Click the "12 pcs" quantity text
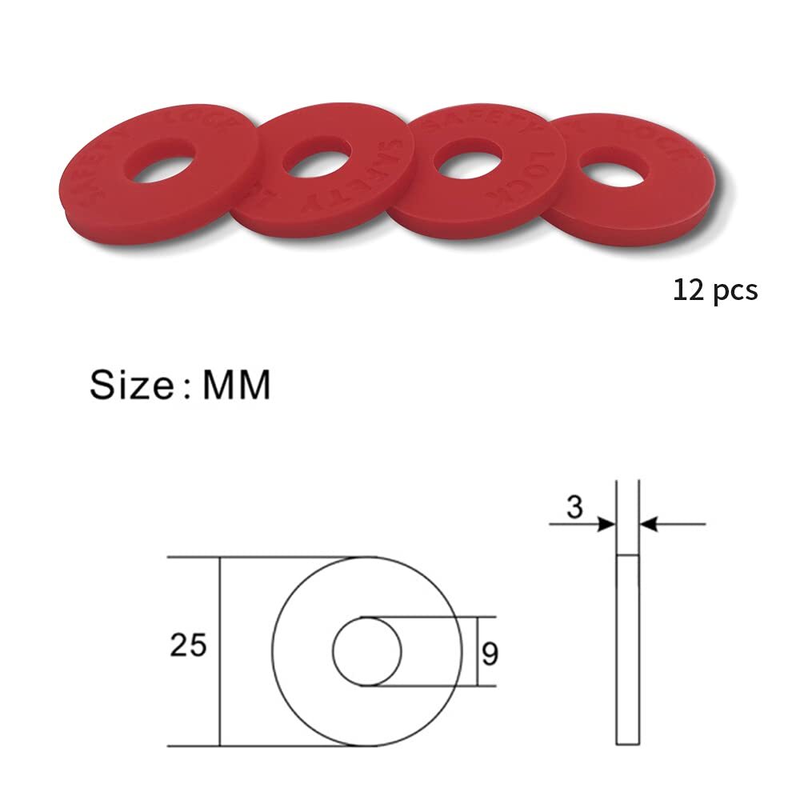click(x=714, y=290)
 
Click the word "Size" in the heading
click(x=130, y=384)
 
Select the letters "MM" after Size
click(x=237, y=384)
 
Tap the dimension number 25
click(x=189, y=644)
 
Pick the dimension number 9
click(x=490, y=654)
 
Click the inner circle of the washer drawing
click(x=367, y=651)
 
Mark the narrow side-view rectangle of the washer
click(x=628, y=650)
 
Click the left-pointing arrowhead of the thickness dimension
click(x=649, y=525)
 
